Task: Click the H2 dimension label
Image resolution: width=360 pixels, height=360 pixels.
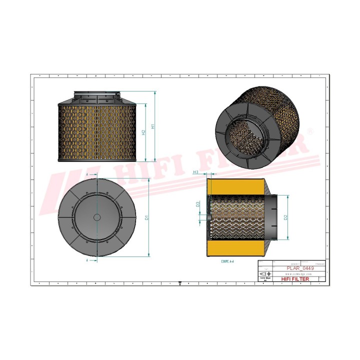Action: point(144,133)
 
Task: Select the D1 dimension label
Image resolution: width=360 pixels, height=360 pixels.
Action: point(146,217)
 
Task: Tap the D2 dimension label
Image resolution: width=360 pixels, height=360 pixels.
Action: point(285,217)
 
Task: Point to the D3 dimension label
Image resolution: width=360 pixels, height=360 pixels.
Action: point(198,204)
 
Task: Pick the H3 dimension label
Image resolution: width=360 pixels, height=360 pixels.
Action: point(196,172)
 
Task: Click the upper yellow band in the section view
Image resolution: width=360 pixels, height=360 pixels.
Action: point(235,185)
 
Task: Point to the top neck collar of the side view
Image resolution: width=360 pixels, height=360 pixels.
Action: point(97,94)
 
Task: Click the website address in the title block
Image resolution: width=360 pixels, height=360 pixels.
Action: point(299,274)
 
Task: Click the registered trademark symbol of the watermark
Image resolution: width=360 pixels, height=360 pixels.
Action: point(310,131)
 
